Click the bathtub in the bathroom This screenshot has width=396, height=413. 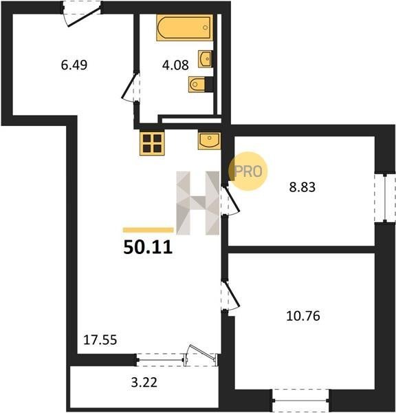(x=184, y=28)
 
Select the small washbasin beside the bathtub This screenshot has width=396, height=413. (x=206, y=59)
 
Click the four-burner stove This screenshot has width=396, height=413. (x=152, y=143)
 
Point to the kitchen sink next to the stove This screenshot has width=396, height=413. (x=210, y=141)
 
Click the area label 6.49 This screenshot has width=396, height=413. (x=74, y=65)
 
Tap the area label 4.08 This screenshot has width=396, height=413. (x=175, y=65)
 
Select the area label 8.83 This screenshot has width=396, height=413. (x=302, y=187)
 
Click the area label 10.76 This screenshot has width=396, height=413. (x=303, y=316)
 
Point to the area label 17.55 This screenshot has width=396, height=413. (x=100, y=340)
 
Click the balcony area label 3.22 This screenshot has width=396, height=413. (x=144, y=383)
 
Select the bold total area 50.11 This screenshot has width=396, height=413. (x=148, y=247)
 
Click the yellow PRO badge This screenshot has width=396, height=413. (x=248, y=171)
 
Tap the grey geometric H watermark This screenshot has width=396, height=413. (x=197, y=203)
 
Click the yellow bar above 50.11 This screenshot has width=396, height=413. (x=148, y=230)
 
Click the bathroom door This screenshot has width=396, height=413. (x=131, y=86)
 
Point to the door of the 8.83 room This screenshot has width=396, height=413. (x=230, y=201)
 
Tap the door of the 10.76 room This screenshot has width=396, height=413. (x=230, y=295)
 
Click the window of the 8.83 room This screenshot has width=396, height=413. (x=385, y=198)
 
